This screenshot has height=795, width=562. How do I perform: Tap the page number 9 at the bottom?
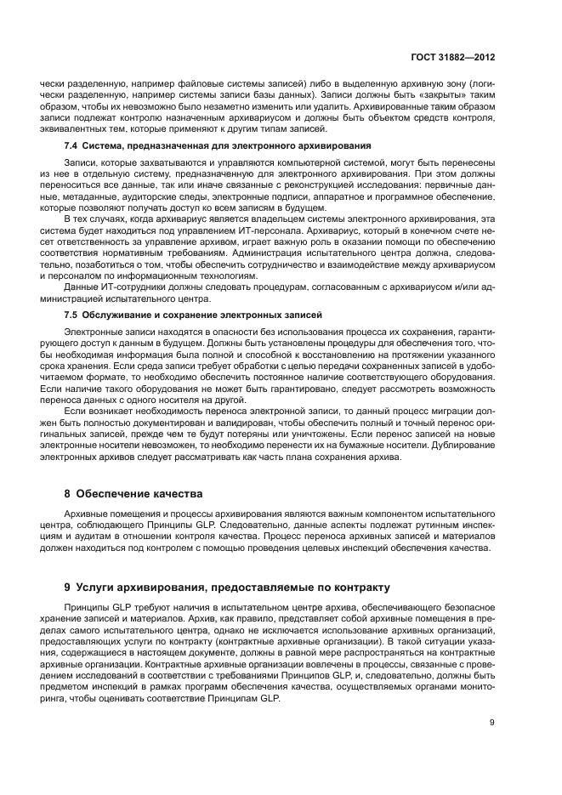(492, 723)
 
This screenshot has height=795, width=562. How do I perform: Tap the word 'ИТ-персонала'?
(270, 230)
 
